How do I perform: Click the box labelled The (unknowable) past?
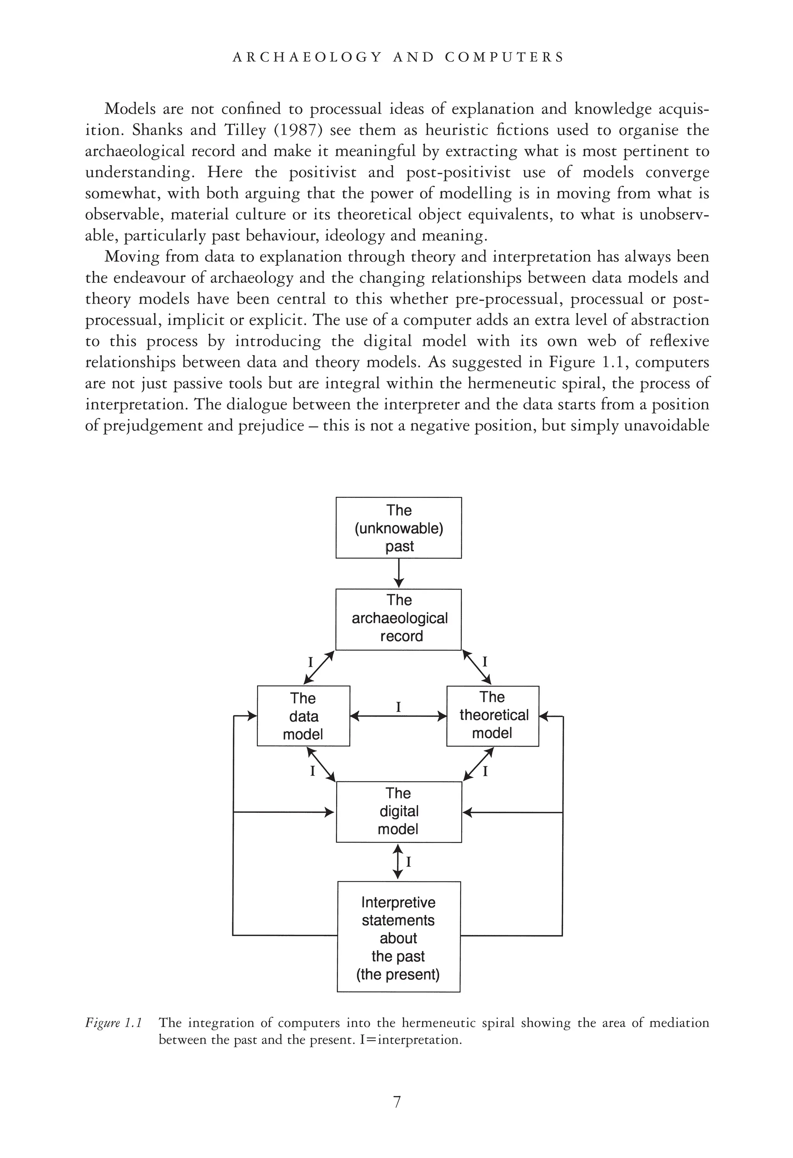pos(398,528)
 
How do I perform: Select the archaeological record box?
pos(398,619)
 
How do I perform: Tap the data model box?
pos(303,716)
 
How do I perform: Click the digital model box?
pos(398,812)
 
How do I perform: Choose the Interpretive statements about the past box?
pos(398,937)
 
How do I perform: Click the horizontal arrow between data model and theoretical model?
pos(398,717)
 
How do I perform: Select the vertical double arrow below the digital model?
pos(398,860)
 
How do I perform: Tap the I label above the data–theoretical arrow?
pos(398,706)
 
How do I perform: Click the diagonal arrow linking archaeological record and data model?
pos(318,668)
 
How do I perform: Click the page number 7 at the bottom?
pos(397,1102)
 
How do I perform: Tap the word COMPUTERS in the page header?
pos(504,57)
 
